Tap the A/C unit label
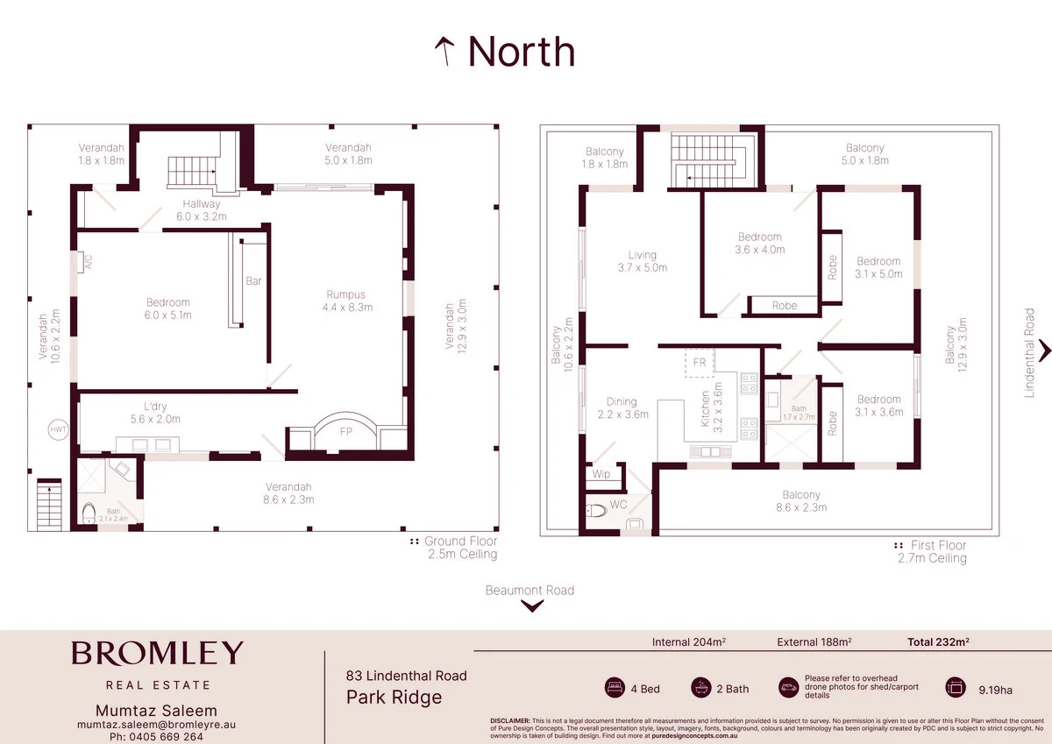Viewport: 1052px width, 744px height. point(88,261)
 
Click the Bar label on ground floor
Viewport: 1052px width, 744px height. point(253,281)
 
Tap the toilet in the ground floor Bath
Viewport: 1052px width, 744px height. point(88,514)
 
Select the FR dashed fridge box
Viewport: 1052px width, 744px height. point(700,362)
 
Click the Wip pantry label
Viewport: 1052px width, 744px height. point(601,474)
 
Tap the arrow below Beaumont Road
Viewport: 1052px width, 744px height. point(530,607)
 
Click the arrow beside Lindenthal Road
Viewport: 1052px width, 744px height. point(1044,352)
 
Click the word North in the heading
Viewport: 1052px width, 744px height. point(521,52)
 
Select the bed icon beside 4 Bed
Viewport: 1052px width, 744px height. point(614,688)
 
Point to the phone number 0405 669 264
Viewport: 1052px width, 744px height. point(155,736)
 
